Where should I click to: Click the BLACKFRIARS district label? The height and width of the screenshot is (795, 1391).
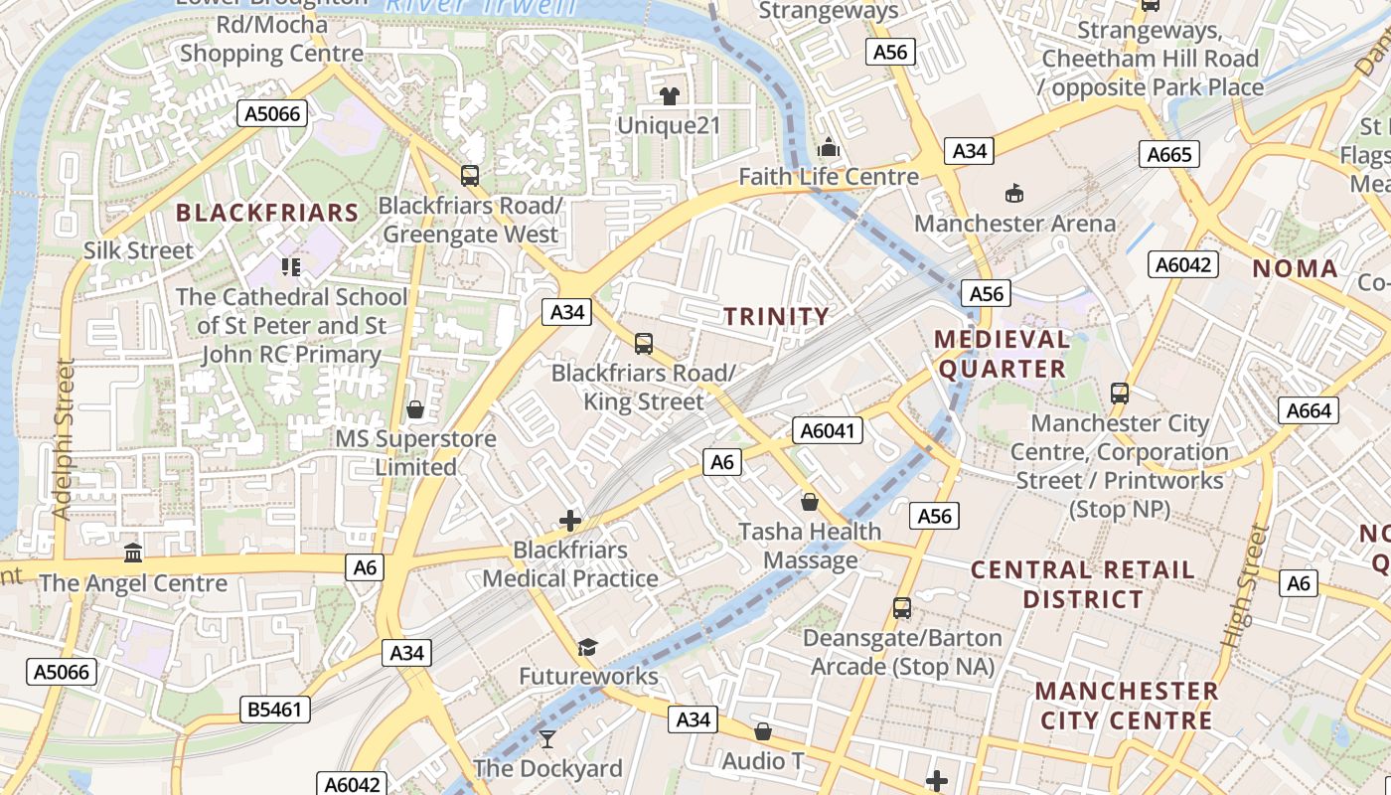tap(267, 213)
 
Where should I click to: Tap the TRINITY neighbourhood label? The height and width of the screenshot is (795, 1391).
tap(776, 317)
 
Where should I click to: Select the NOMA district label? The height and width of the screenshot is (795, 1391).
tap(1295, 268)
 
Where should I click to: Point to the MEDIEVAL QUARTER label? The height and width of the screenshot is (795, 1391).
tap(1002, 354)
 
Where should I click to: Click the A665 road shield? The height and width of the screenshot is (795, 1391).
tap(1168, 154)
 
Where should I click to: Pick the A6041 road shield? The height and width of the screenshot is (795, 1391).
tap(828, 430)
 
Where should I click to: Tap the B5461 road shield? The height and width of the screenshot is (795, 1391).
tap(275, 710)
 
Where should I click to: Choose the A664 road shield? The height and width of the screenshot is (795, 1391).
tap(1308, 410)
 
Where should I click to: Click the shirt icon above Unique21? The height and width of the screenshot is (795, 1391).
tap(669, 96)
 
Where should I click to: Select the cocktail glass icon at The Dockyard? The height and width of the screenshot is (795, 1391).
tap(547, 738)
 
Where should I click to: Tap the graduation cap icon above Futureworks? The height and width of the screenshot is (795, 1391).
tap(587, 647)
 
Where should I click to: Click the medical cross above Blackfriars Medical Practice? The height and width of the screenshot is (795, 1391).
tap(570, 520)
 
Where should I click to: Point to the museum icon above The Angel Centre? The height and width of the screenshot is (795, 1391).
tap(133, 553)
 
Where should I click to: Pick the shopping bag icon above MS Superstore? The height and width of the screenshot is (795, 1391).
tap(415, 409)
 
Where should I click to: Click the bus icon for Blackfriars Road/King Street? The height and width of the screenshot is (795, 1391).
tap(644, 344)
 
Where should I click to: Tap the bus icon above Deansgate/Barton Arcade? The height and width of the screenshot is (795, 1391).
tap(902, 607)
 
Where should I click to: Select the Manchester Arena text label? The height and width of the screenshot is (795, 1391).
tap(1014, 223)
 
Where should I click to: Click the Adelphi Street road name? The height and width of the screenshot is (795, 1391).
tap(63, 438)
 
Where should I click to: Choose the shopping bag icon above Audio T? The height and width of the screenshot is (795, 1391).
tap(763, 731)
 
